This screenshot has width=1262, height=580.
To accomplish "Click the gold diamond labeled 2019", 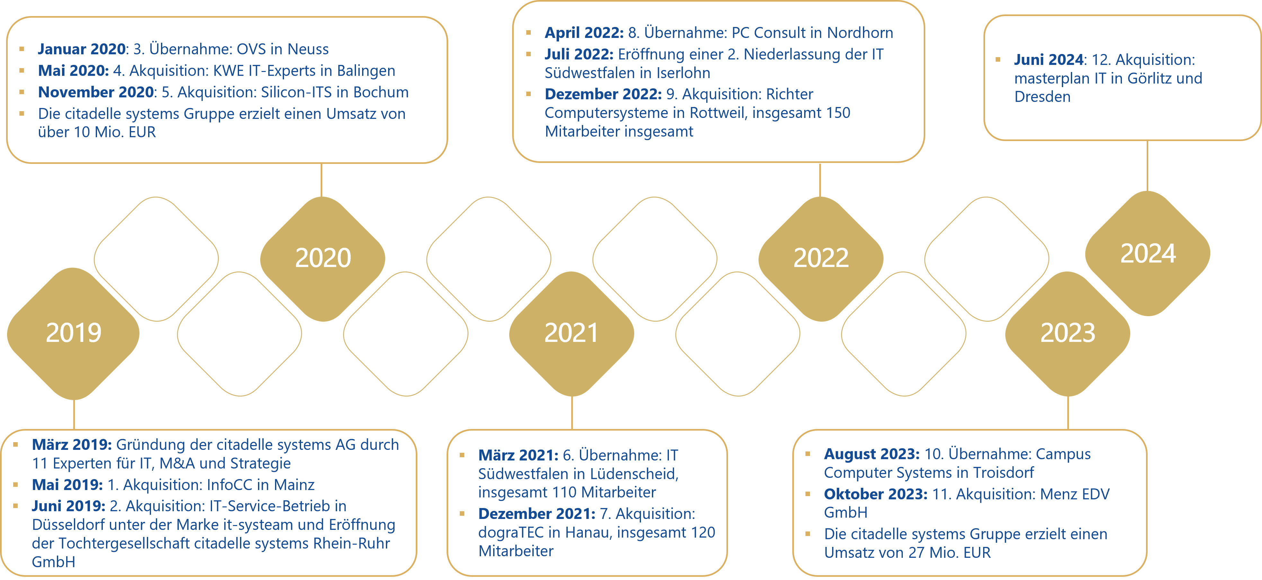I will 74,333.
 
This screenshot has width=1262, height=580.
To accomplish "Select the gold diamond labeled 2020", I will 323,258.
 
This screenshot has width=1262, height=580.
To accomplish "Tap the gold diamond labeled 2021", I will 571,333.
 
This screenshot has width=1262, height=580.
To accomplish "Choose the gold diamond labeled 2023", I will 1068,333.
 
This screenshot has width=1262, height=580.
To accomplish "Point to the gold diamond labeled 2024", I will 1148,253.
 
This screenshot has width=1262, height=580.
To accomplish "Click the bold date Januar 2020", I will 82,49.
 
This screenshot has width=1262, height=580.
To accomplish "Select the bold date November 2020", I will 96,92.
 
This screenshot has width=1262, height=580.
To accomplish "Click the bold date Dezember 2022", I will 603,94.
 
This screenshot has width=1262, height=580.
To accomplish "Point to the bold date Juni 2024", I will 1048,60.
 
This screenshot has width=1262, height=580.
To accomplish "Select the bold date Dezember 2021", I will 537,514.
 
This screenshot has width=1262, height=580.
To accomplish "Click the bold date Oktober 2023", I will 875,494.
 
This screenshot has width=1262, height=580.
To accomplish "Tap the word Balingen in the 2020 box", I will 366,71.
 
